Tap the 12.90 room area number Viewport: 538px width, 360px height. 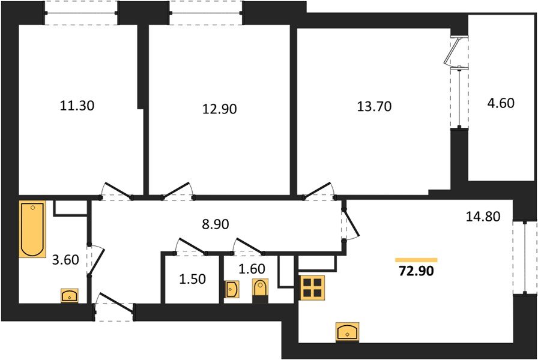pos(220,109)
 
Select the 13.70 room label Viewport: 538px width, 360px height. pos(374,107)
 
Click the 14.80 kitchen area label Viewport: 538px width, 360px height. pos(483,216)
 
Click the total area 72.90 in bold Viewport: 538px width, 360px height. pos(416,271)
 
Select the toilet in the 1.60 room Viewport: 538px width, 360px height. pos(259,289)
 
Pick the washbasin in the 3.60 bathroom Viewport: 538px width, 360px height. pos(70,296)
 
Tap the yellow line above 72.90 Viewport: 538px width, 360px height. pos(416,260)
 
